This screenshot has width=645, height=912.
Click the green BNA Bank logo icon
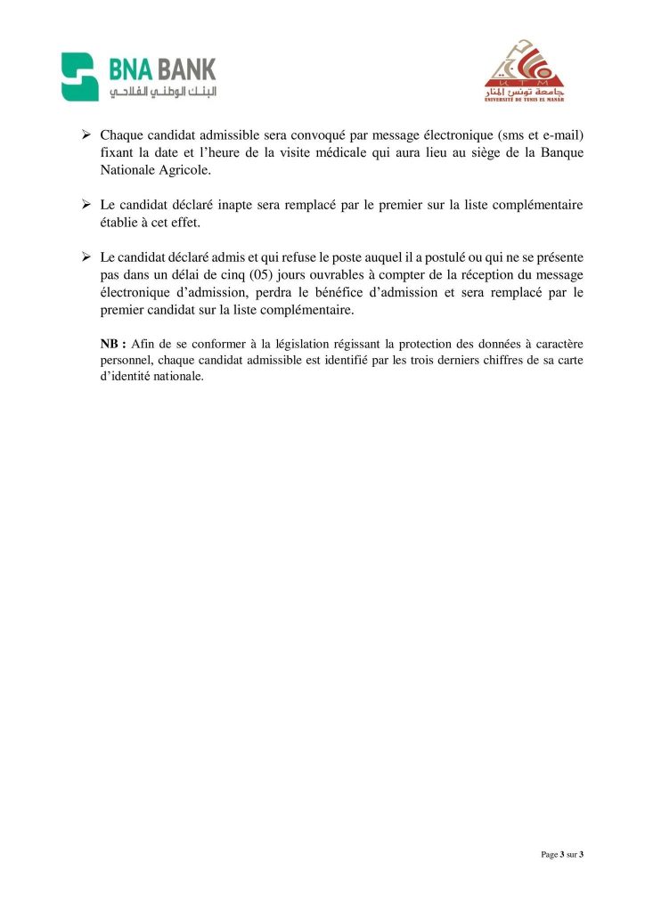[79, 77]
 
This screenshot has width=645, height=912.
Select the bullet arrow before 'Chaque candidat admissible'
[87, 134]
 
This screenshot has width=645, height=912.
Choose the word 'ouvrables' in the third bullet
[318, 275]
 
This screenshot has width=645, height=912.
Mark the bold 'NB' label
[109, 344]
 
